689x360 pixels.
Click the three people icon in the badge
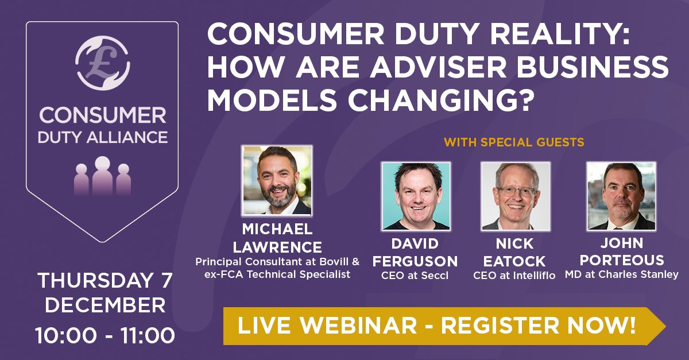click(102, 176)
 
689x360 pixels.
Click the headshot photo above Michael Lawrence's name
click(277, 180)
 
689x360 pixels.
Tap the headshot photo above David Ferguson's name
click(416, 196)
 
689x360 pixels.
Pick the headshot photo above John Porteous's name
click(621, 196)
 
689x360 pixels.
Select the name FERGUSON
click(415, 261)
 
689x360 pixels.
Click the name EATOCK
click(514, 261)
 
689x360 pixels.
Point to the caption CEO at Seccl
click(415, 276)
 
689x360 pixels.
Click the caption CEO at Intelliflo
click(514, 276)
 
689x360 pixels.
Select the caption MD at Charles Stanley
click(621, 275)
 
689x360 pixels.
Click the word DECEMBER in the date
click(105, 305)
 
